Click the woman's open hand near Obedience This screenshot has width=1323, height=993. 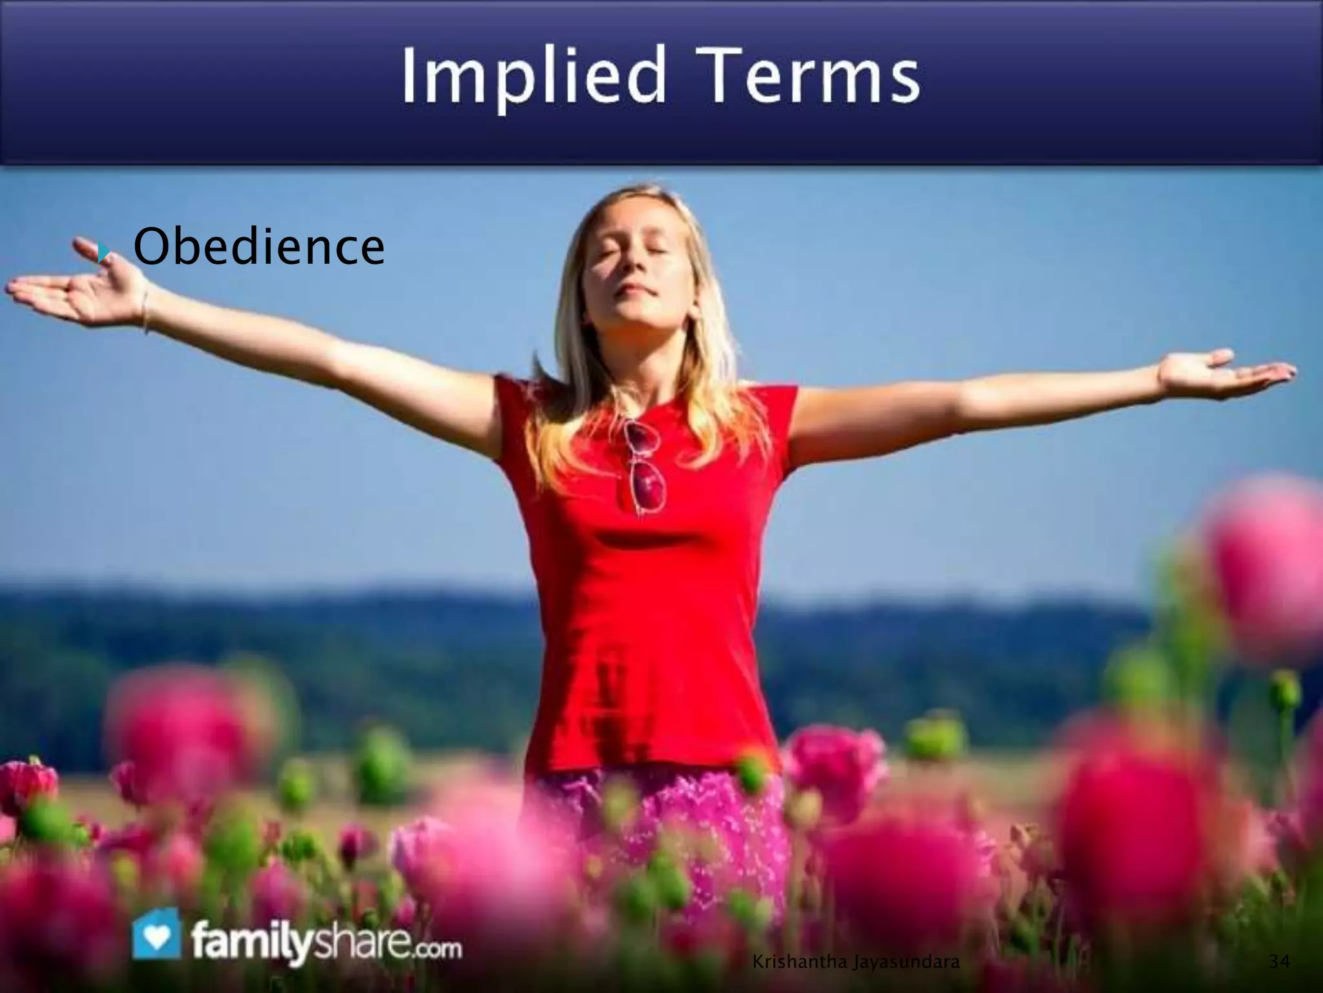[x=78, y=291]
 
